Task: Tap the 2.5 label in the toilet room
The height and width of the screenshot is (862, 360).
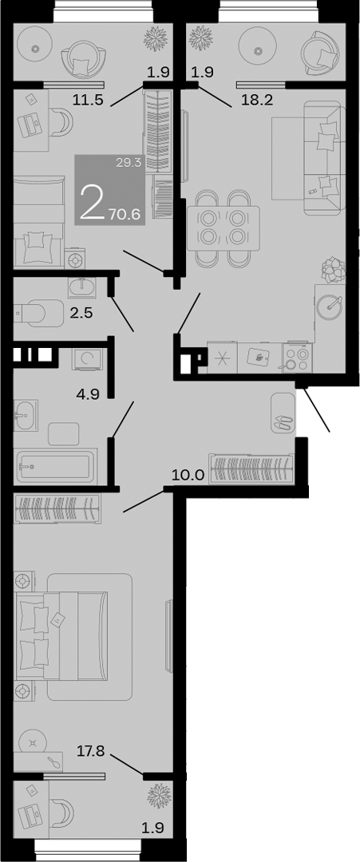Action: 81,313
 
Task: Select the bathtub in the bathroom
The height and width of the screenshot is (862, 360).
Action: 55,465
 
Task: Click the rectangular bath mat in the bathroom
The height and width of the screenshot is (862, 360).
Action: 63,434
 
